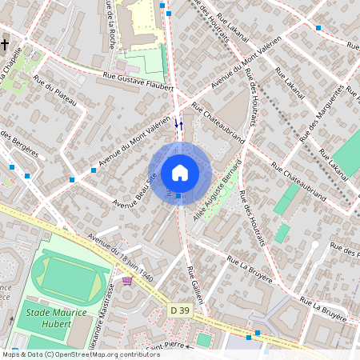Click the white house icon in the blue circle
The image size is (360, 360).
pos(180,173)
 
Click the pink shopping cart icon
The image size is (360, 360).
pos(127,281)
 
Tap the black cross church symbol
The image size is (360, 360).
pos(5,45)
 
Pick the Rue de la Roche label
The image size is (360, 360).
pos(109,24)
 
